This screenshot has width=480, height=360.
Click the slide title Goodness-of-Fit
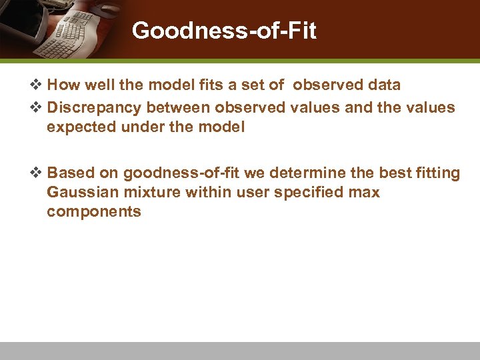223,30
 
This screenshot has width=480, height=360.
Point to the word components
94,212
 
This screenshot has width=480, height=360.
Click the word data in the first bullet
383,85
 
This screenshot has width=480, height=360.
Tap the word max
365,193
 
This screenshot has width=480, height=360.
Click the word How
64,85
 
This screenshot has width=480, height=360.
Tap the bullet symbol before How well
37,85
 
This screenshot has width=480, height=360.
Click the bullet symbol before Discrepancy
37,107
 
